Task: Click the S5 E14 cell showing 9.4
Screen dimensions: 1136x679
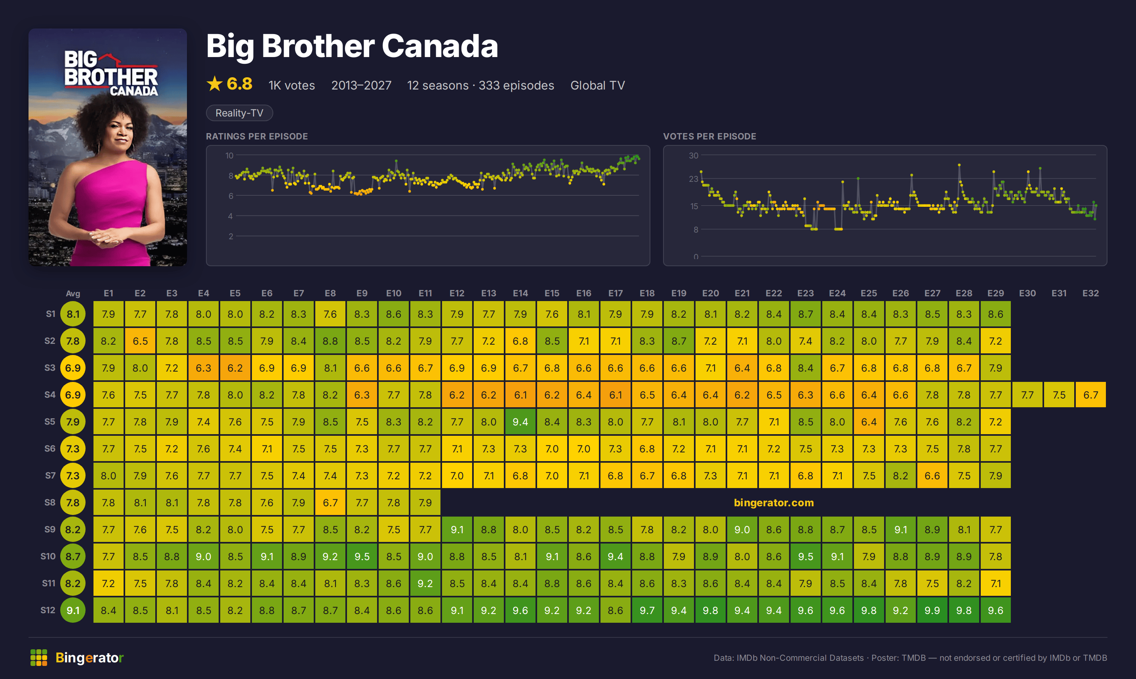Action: (520, 422)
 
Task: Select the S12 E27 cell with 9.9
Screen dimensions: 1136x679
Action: (932, 610)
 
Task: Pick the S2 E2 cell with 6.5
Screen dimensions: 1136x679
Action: (140, 341)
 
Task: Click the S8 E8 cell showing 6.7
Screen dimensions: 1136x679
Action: (330, 502)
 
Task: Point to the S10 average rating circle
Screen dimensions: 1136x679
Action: (73, 556)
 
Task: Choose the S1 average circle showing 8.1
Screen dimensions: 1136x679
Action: (73, 314)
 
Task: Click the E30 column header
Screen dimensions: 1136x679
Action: (1027, 293)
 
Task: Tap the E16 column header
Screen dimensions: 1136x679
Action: (583, 293)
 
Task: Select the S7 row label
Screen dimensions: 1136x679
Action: (50, 475)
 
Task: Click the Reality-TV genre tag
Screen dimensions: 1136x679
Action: (239, 113)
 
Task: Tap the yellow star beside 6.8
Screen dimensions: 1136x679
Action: (215, 84)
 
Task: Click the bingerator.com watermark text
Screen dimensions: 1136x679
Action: (774, 502)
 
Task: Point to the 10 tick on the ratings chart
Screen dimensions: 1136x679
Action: (229, 156)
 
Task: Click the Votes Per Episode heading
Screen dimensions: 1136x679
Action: (709, 136)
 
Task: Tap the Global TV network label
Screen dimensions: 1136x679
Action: (598, 86)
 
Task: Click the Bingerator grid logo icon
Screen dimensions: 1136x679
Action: (39, 658)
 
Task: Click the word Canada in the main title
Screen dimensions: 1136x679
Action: (440, 46)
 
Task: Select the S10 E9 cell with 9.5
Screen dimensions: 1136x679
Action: (362, 556)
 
